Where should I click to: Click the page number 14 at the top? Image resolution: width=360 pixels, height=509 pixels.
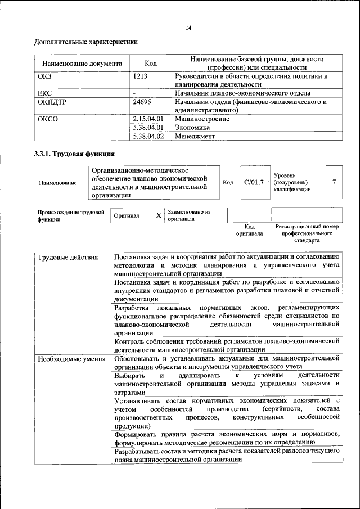(x=188, y=28)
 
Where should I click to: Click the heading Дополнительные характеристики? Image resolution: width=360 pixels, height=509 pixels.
(x=85, y=42)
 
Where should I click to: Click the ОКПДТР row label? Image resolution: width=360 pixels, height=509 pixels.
(x=51, y=102)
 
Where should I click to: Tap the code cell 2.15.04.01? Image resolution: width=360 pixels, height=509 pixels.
(x=148, y=119)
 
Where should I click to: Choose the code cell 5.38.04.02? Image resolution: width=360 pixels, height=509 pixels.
(x=148, y=136)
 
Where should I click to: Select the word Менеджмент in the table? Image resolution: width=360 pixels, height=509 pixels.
(x=195, y=136)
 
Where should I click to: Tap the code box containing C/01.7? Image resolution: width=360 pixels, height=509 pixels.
(x=254, y=182)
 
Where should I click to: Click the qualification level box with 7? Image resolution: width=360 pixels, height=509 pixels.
(x=334, y=182)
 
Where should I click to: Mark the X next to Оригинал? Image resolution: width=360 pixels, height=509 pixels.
(x=159, y=215)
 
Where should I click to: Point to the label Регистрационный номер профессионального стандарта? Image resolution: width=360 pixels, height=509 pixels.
(x=307, y=233)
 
